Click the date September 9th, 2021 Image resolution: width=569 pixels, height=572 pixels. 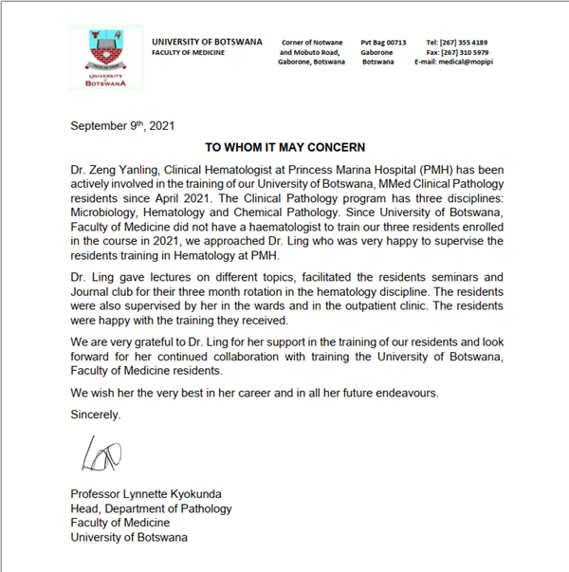[122, 125]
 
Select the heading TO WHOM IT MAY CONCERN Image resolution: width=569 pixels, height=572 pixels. [284, 148]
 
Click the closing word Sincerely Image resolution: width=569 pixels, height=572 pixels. [98, 415]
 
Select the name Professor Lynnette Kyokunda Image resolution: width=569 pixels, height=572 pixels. [146, 493]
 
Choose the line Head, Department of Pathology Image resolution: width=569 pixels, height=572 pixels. [151, 508]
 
